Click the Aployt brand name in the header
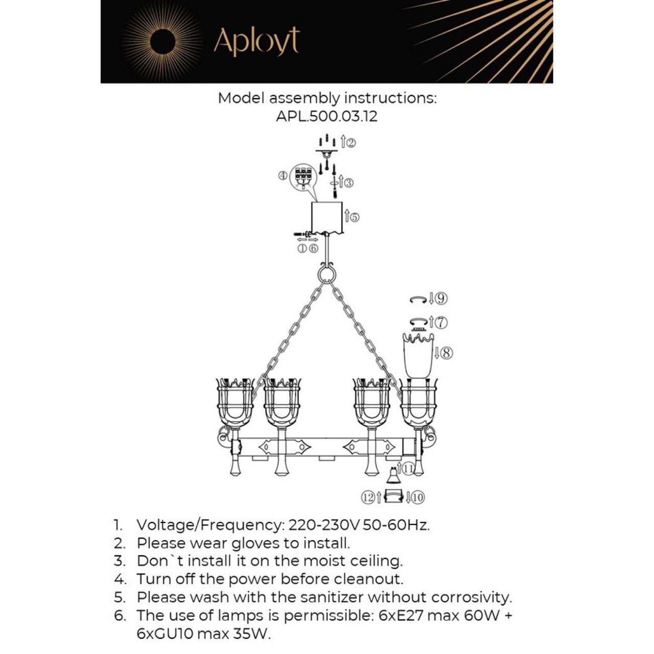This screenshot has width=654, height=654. pos(256,42)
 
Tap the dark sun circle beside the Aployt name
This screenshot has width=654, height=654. pos(162,42)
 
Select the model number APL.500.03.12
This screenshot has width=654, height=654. pos(326,116)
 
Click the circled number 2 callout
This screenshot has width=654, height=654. pos(351,143)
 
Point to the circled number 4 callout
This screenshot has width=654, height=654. pos(283,176)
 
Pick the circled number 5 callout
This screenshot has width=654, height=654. pos(354,217)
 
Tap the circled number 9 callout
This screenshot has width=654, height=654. pos(441,299)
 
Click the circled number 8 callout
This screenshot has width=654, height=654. pos(447,353)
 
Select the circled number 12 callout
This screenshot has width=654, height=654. pos(367,498)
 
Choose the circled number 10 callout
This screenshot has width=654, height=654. pos(418,498)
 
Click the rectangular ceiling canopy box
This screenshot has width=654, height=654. pos(327,218)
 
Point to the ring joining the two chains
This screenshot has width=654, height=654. pos(326,273)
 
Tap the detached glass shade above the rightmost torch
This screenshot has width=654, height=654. pos(418,355)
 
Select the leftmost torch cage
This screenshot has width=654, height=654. pos(235,404)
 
